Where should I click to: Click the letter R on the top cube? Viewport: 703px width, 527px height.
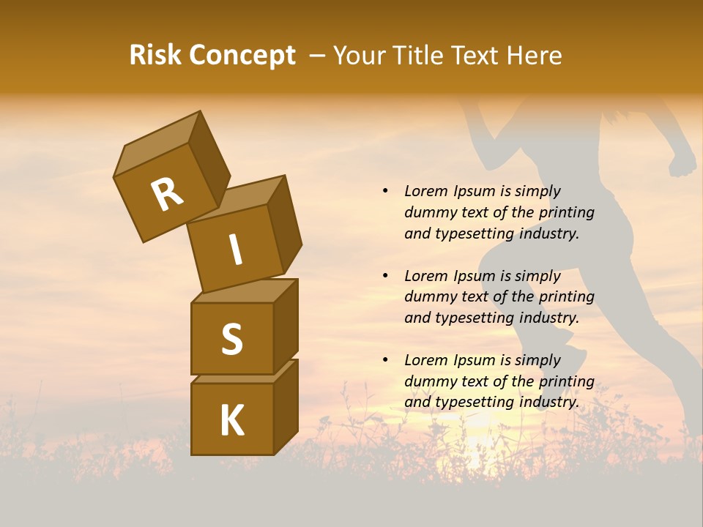[167, 194]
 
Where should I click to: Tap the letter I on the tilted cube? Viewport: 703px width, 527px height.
[235, 250]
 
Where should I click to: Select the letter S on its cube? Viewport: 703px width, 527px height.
[231, 339]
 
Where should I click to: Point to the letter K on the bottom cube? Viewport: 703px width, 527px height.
[231, 421]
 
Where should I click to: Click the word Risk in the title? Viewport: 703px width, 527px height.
[156, 56]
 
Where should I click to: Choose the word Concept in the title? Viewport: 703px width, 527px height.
[242, 56]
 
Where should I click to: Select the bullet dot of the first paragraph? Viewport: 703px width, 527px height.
[386, 191]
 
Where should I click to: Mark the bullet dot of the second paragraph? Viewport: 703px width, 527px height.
[386, 276]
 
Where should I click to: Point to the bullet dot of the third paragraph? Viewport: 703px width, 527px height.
[386, 360]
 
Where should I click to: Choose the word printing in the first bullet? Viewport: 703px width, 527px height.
[566, 213]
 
